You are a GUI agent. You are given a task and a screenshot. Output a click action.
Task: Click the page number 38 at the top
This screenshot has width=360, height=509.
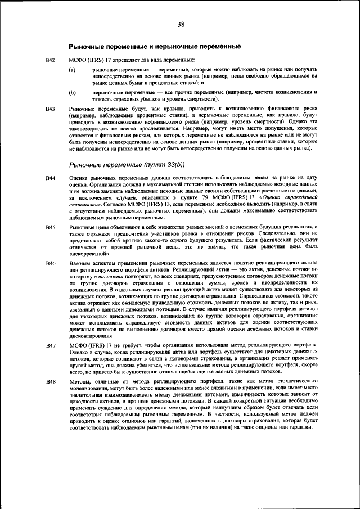181,24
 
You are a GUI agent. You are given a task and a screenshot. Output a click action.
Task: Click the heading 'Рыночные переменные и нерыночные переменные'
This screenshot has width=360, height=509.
151,46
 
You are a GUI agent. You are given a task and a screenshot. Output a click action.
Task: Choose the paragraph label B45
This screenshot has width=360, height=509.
50,226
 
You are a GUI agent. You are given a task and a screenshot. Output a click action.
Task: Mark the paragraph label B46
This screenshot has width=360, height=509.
50,263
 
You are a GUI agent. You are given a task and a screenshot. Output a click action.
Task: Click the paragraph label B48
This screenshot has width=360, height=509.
50,381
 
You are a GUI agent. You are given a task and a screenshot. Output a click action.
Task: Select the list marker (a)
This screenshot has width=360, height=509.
72,69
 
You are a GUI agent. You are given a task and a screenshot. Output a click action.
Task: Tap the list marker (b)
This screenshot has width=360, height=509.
72,91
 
